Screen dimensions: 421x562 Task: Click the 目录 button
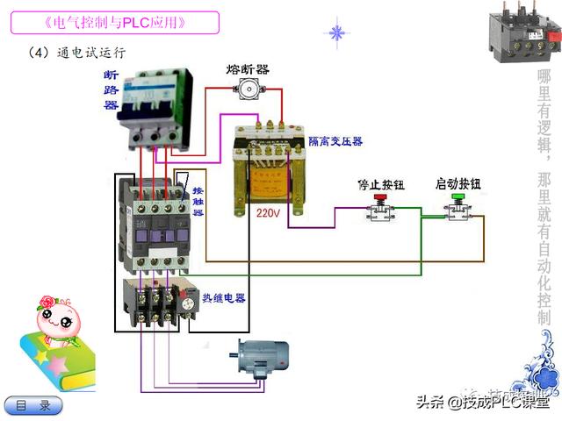click(34, 405)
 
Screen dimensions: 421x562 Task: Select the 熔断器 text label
click(248, 68)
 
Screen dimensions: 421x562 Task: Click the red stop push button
click(378, 208)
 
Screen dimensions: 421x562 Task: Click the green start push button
click(458, 208)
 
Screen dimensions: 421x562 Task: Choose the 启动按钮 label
click(458, 184)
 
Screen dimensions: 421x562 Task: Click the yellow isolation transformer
click(268, 168)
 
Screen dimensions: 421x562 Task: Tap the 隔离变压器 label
click(335, 140)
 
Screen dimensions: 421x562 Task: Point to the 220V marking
click(268, 212)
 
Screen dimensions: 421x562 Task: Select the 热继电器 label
click(223, 298)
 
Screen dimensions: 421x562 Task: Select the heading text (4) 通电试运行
click(76, 53)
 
